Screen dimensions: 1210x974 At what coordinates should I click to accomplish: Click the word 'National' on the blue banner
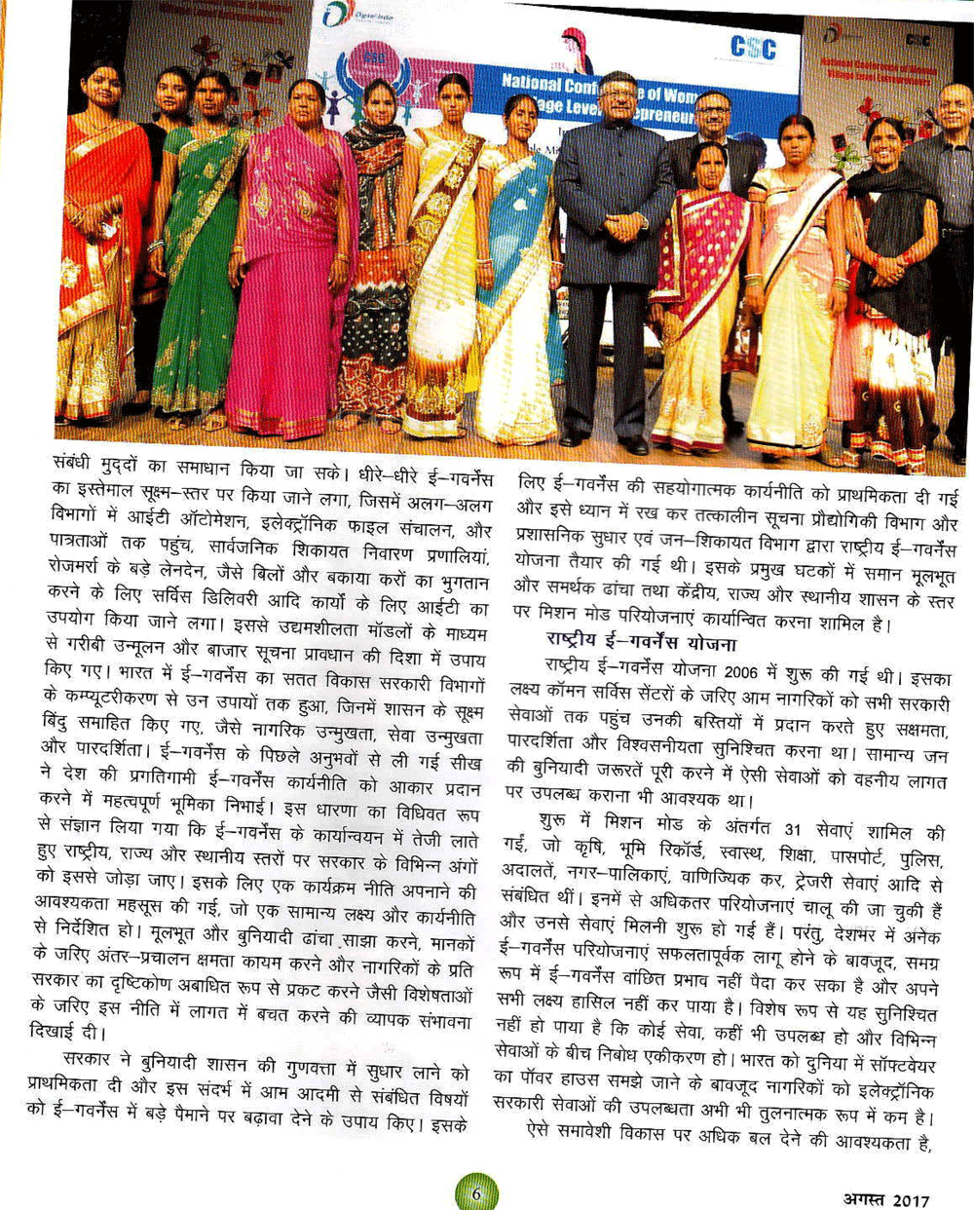tap(533, 84)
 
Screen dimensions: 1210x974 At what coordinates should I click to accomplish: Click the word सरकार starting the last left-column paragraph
tap(87, 1058)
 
